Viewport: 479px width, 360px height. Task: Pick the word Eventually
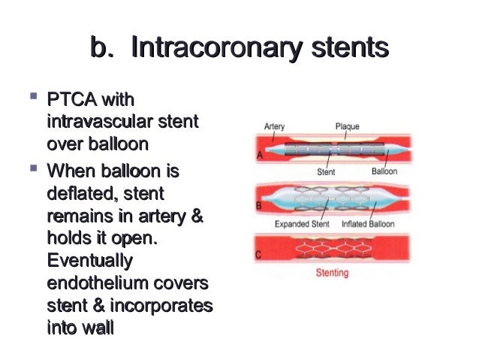click(89, 262)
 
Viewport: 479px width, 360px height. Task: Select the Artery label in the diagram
click(275, 127)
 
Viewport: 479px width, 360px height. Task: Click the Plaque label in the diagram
click(347, 127)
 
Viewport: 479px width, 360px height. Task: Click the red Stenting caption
click(330, 273)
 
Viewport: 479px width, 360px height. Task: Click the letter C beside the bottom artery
click(258, 255)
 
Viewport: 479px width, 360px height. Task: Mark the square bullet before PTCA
click(32, 98)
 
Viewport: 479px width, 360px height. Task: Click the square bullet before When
click(32, 171)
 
